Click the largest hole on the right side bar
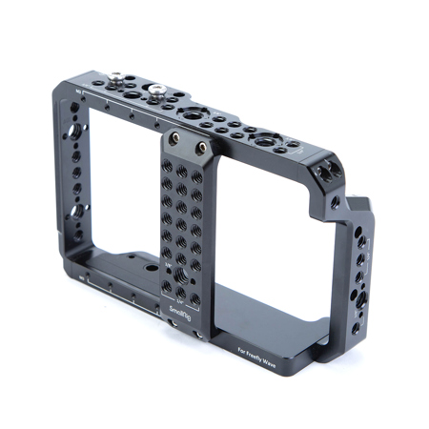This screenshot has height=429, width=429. click(360, 299)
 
